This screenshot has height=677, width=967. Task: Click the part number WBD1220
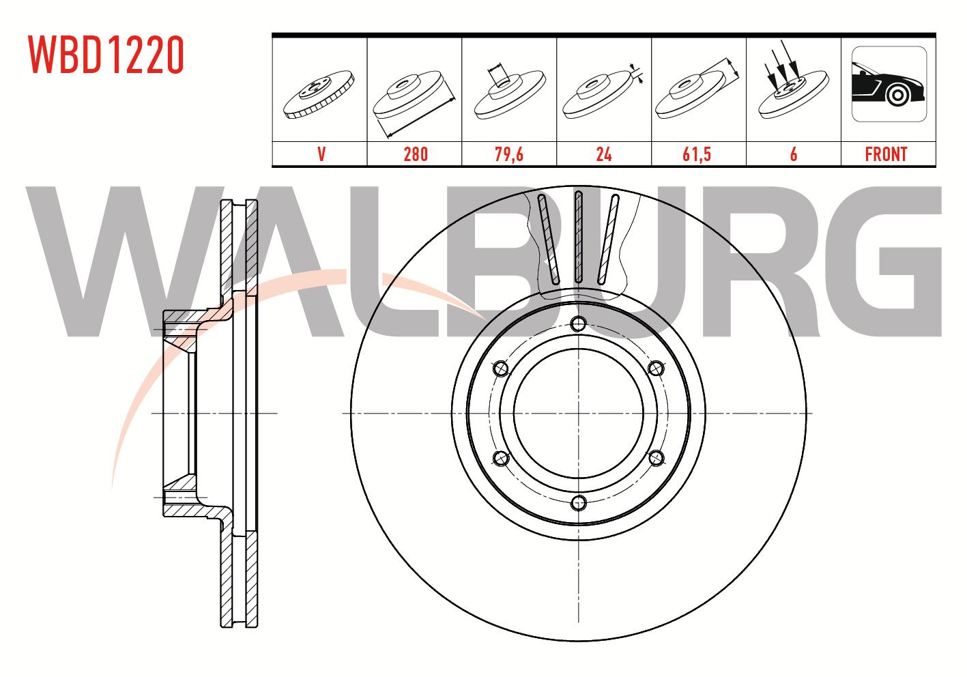pyautogui.click(x=106, y=55)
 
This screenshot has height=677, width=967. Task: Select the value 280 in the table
pyautogui.click(x=416, y=154)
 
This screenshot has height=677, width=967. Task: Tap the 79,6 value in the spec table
pyautogui.click(x=509, y=154)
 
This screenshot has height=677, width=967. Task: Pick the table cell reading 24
pyautogui.click(x=603, y=154)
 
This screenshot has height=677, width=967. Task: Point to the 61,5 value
pyautogui.click(x=697, y=154)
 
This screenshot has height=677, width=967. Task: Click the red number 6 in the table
pyautogui.click(x=794, y=154)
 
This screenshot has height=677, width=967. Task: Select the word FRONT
pyautogui.click(x=886, y=154)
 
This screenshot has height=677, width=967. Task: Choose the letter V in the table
pyautogui.click(x=321, y=154)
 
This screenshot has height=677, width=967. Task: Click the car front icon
pyautogui.click(x=889, y=84)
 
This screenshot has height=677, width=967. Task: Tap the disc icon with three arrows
pyautogui.click(x=794, y=82)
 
